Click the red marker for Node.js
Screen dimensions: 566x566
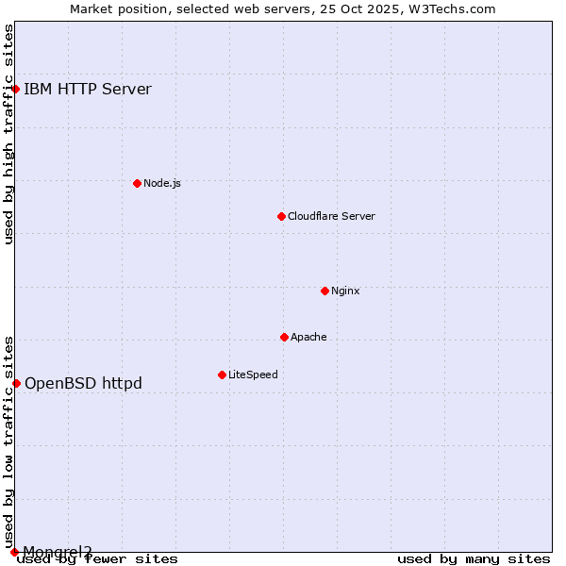coord(137,183)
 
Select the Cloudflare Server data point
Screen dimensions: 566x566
coord(281,216)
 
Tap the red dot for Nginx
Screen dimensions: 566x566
coord(325,291)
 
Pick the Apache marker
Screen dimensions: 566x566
coord(284,337)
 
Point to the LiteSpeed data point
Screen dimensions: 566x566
coord(222,375)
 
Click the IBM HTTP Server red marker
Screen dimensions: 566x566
coord(16,90)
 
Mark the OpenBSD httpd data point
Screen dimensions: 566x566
coord(16,383)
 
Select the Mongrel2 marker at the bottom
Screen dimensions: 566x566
coord(14,552)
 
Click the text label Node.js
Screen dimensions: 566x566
coord(162,183)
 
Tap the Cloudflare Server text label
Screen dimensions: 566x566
coord(331,216)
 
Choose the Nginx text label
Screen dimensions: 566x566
coord(345,291)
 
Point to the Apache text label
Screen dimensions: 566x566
coord(308,337)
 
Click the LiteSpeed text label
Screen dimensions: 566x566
coord(253,375)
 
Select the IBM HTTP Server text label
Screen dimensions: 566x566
coord(88,90)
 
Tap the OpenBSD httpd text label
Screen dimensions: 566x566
coord(83,383)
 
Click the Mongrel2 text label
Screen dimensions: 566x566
coord(58,552)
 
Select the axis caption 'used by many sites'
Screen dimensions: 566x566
coord(474,559)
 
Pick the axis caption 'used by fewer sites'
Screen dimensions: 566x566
coord(98,559)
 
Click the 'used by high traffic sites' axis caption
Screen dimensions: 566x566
coord(8,135)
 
